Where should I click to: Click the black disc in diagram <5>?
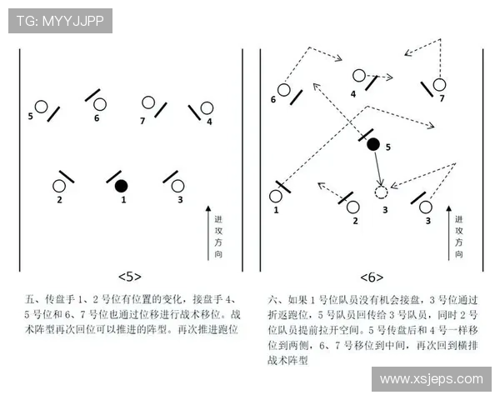122,185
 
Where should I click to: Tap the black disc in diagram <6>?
373,144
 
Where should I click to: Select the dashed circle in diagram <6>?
381,192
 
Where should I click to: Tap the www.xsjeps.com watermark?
430,379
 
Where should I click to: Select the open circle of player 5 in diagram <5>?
40,107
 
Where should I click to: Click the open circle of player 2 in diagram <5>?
60,186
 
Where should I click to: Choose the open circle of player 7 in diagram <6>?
439,84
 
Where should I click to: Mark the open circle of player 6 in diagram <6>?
283,89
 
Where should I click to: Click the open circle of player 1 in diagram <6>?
276,197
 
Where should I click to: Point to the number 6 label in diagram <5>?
97,118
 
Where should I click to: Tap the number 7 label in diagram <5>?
142,121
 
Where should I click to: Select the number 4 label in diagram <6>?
353,93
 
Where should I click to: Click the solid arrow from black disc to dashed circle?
377,169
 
